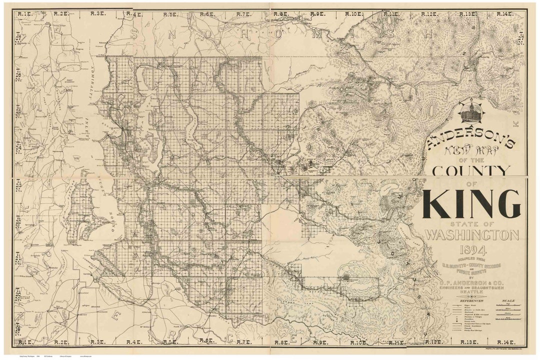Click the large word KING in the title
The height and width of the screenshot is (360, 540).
pyautogui.click(x=471, y=204)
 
